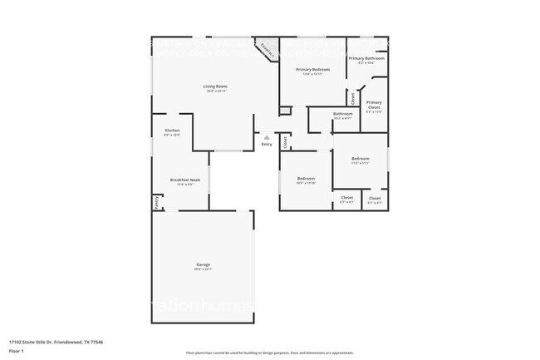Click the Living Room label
tap(216, 86)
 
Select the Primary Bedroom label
tap(316, 70)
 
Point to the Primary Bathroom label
tap(366, 58)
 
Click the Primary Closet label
tap(373, 106)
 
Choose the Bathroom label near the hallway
tap(342, 114)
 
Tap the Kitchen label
tap(172, 131)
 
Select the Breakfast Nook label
tap(184, 180)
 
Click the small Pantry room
tap(155, 200)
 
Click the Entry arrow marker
tap(266, 138)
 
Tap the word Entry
tap(267, 145)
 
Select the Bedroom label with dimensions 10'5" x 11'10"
tap(307, 179)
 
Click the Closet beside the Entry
tap(285, 142)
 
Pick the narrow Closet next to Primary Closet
tap(353, 99)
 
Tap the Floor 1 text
tap(17, 348)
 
